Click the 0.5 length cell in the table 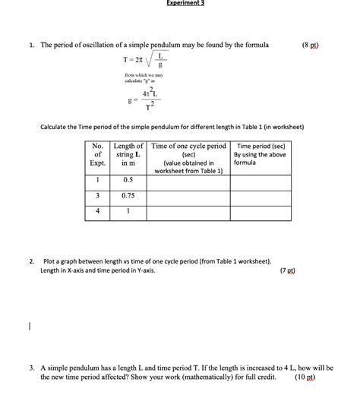click(x=128, y=180)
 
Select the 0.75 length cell click(x=128, y=195)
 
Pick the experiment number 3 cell click(x=97, y=195)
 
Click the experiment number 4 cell click(x=97, y=212)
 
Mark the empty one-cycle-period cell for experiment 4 click(x=188, y=212)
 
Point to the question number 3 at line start click(x=32, y=367)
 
